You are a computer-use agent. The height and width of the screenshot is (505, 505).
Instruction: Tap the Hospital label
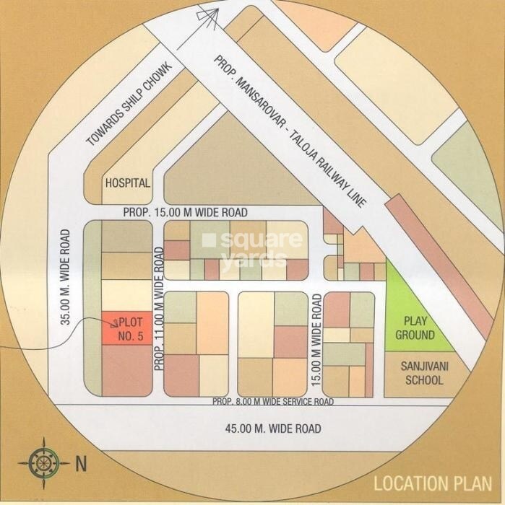pyautogui.click(x=128, y=183)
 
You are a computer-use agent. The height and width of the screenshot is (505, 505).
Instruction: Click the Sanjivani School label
pyautogui.click(x=421, y=373)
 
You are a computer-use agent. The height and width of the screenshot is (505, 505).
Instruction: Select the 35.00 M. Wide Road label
pyautogui.click(x=66, y=277)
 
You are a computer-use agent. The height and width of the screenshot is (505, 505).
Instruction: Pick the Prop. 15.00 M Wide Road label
pyautogui.click(x=185, y=213)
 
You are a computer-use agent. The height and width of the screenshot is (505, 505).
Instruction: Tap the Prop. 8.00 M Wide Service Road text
pyautogui.click(x=272, y=402)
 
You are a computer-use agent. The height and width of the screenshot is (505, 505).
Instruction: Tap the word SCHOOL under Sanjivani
pyautogui.click(x=421, y=380)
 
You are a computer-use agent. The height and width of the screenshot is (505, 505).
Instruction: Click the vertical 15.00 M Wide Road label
pyautogui.click(x=316, y=329)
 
